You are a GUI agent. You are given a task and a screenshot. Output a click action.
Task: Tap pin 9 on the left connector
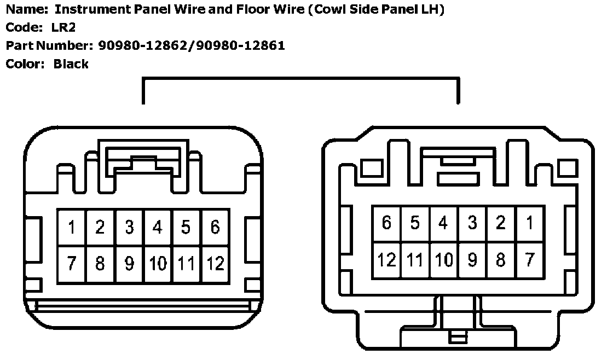(x=129, y=264)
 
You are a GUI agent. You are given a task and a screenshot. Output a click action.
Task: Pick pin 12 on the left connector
(x=215, y=264)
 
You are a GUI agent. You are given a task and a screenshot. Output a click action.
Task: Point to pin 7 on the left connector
(x=72, y=264)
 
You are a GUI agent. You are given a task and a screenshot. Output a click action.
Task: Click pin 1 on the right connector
(x=529, y=224)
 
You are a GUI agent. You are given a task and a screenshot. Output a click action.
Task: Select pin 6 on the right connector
(x=386, y=224)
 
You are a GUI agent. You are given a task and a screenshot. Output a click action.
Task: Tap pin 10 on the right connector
(x=443, y=259)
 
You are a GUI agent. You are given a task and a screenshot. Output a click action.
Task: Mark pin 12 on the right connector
(x=386, y=259)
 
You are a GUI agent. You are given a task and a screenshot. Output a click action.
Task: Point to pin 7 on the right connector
(x=529, y=259)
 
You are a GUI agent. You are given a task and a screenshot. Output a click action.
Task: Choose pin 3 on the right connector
(x=472, y=224)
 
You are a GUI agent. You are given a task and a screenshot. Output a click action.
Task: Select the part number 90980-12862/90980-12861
(x=192, y=45)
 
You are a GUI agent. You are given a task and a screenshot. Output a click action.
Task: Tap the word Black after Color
(x=71, y=64)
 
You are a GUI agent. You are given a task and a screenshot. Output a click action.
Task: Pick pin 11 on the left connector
(x=186, y=264)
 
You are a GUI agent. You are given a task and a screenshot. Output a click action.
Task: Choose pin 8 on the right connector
(x=501, y=259)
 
